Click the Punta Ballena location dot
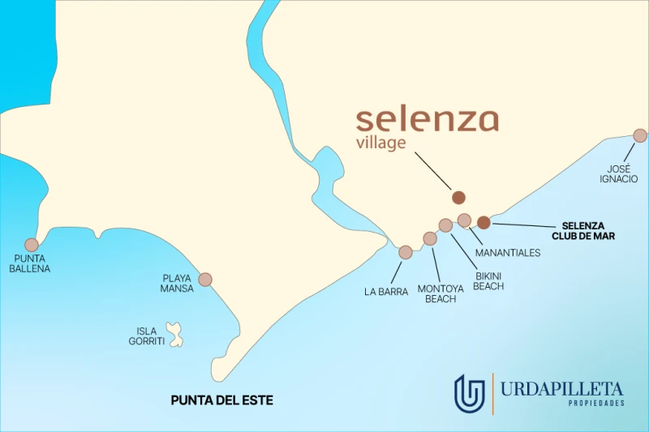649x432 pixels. [x=32, y=245]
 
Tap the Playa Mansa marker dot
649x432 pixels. [x=205, y=280]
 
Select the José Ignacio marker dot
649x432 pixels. [x=640, y=135]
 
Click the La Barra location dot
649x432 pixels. [x=406, y=252]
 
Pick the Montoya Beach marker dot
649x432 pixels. [x=430, y=238]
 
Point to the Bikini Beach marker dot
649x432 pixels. [x=445, y=225]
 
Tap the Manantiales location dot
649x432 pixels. [x=464, y=220]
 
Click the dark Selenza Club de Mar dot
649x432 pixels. [x=484, y=222]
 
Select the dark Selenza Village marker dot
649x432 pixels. [x=459, y=197]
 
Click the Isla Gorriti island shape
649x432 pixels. [x=174, y=333]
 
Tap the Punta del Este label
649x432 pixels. [x=221, y=400]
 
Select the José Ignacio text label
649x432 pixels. [x=619, y=173]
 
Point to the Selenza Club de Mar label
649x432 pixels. [x=589, y=231]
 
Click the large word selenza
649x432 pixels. [x=427, y=120]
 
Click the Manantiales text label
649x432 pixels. [x=508, y=253]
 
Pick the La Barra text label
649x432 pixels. [x=386, y=292]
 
